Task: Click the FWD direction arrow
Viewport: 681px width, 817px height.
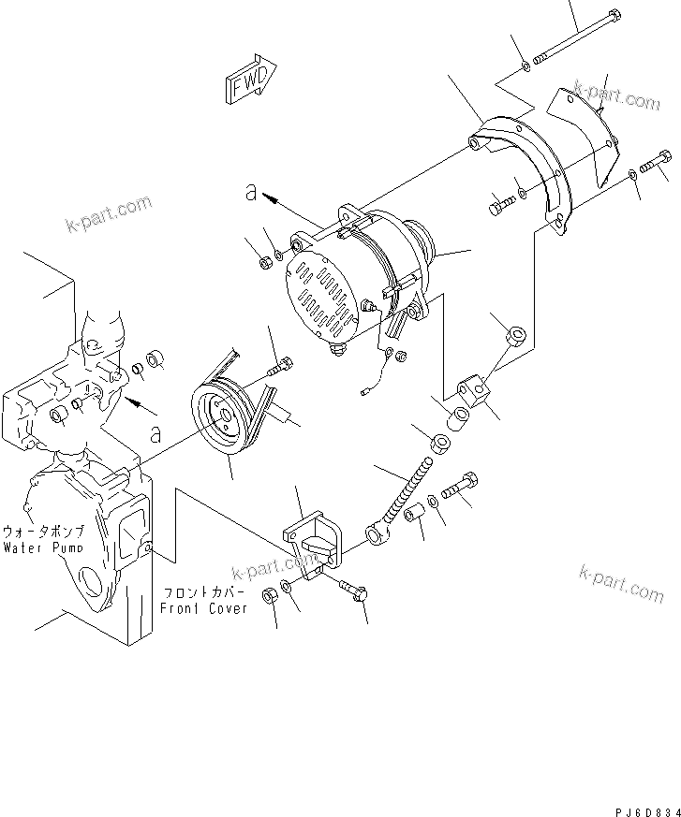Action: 250,80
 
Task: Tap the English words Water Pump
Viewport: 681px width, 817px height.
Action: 42,547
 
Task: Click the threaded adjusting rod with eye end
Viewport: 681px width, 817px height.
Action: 399,501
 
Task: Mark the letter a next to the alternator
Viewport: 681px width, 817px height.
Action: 250,192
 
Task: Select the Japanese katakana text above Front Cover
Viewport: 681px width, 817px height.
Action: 204,592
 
